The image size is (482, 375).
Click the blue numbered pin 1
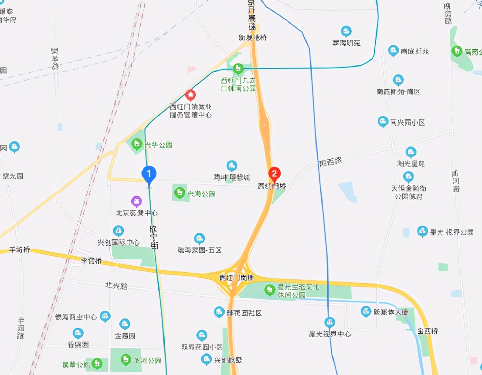click(x=149, y=174)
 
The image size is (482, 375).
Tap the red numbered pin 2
click(x=274, y=174)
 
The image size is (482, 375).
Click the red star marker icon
click(x=190, y=94)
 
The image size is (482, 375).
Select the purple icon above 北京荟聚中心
click(x=137, y=201)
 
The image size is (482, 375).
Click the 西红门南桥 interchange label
click(x=236, y=277)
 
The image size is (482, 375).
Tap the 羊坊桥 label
click(x=20, y=250)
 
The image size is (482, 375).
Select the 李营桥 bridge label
click(x=91, y=261)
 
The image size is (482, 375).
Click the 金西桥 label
click(x=428, y=331)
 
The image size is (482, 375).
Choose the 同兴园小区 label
click(x=407, y=123)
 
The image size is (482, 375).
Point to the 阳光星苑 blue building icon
click(x=411, y=152)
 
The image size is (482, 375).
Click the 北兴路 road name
click(x=116, y=286)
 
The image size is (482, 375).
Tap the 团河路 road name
click(x=456, y=181)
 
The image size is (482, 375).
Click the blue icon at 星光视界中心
click(x=330, y=322)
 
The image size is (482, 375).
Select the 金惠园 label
click(x=125, y=336)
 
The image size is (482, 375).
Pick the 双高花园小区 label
click(x=202, y=347)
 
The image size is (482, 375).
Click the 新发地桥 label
click(x=253, y=38)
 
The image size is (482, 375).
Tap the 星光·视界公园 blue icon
click(x=422, y=231)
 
